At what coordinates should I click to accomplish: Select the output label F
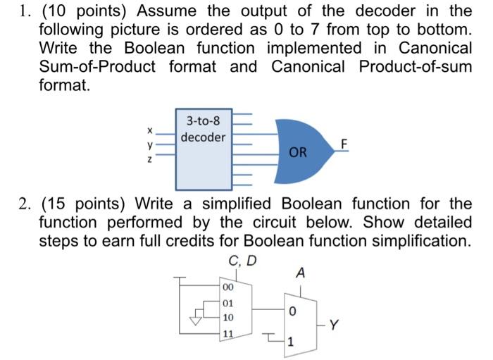coord(344,144)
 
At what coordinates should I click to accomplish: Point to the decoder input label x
coord(149,130)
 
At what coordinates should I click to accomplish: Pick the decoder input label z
coord(149,159)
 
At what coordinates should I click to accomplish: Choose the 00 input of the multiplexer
coord(228,287)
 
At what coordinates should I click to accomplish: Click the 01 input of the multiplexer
coord(228,303)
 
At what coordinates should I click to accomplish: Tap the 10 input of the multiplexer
coord(228,318)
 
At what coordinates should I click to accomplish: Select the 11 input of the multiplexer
coord(228,333)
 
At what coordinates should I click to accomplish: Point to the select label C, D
coord(243,261)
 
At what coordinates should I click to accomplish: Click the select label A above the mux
coord(301,273)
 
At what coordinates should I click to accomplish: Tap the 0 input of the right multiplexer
coord(292,311)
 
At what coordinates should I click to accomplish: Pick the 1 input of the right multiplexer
coord(292,343)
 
